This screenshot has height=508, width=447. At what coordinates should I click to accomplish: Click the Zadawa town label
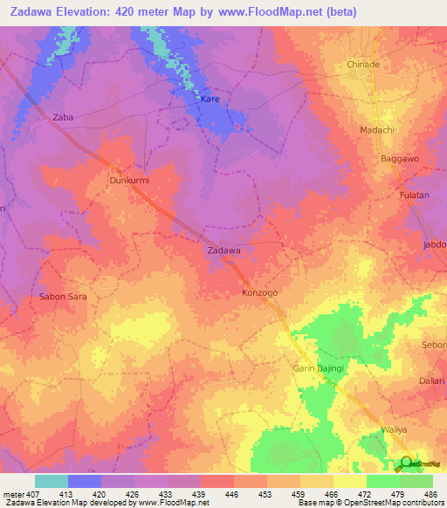point(223,251)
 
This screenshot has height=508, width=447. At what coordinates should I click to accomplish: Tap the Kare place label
point(210,100)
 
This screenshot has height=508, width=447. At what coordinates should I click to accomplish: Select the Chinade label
point(363,65)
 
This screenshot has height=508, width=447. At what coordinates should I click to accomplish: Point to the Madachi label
point(377,130)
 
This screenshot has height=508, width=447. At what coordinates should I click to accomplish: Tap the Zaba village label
point(62,117)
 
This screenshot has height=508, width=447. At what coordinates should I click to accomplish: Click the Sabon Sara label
point(63,297)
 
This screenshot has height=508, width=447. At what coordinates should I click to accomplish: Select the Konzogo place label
point(259,293)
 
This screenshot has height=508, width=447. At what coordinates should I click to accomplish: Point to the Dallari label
point(432,381)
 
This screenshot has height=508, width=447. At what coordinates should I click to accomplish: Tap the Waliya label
point(395,429)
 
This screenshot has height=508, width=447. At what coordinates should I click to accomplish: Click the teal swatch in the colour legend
point(52,481)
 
